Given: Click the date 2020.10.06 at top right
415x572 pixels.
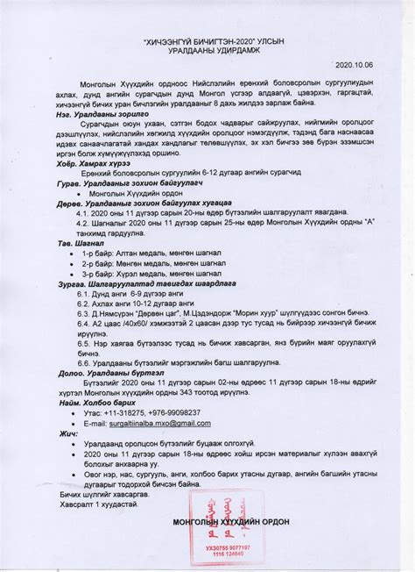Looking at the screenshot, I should click(x=355, y=64).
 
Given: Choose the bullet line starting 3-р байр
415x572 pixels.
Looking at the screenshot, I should click(x=142, y=273).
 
